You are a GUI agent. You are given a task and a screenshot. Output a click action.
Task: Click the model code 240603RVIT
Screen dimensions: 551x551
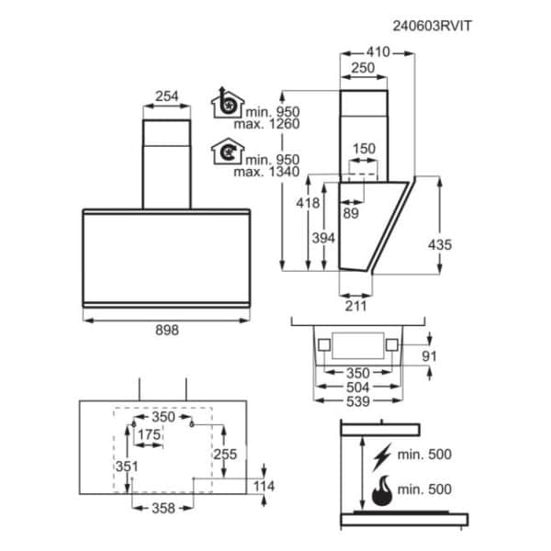432,26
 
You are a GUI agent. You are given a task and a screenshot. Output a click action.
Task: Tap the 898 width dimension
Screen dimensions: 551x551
167,331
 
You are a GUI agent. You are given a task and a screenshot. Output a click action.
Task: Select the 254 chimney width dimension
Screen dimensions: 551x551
167,96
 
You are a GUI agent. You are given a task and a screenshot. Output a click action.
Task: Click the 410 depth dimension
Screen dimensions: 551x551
378,52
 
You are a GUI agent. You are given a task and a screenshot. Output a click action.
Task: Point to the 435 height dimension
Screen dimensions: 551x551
440,245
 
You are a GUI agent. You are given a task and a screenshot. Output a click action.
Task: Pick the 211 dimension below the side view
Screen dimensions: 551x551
355,306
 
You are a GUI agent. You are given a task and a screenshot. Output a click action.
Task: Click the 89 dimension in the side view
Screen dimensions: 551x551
351,213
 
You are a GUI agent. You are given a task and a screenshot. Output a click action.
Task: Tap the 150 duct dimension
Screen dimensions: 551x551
364,149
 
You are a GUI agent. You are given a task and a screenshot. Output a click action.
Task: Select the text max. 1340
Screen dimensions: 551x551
266,172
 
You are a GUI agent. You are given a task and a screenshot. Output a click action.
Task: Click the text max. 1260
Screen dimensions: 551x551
266,124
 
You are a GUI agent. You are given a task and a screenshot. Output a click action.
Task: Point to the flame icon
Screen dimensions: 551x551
382,490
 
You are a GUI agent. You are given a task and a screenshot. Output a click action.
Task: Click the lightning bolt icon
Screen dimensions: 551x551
382,456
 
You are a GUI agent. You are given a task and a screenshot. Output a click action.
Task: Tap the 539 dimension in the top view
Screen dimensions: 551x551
358,401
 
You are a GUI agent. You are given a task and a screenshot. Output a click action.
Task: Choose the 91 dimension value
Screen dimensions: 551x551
429,356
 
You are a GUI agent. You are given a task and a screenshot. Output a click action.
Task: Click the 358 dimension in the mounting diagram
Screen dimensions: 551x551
163,509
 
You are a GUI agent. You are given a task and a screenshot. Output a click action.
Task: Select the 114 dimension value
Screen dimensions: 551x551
264,487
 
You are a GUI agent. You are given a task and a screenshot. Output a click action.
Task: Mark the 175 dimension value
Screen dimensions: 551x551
150,435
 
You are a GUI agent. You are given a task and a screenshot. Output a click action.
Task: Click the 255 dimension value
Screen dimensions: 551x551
225,455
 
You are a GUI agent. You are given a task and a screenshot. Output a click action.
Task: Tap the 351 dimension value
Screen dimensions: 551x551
127,467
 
